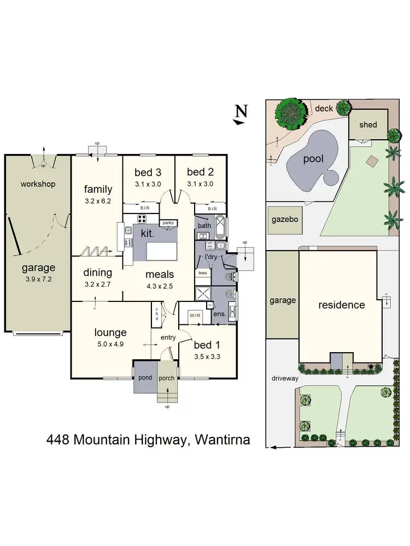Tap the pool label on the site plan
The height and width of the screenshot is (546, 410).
point(313,159)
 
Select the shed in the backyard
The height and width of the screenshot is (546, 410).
point(368,124)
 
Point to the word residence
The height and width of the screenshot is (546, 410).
point(341,305)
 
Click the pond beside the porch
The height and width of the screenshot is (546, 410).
point(145,377)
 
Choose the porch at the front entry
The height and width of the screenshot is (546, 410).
point(166,378)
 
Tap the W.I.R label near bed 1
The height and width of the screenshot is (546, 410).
point(195,315)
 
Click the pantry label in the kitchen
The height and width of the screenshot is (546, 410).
point(167,223)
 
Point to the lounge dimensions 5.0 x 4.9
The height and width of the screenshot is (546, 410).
point(110,344)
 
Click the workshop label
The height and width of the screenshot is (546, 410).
point(38,184)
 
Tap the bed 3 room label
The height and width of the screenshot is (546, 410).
point(148,173)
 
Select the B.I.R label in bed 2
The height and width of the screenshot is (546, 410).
point(213,208)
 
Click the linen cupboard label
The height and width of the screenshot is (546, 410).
point(202,272)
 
